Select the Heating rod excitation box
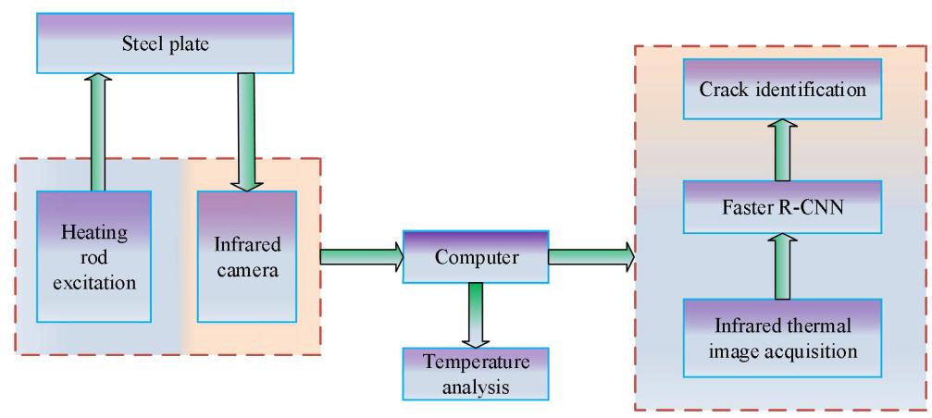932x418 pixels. [x=94, y=255]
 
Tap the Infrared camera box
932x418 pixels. [x=247, y=255]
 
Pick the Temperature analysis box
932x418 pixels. [x=475, y=374]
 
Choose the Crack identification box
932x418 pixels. [x=783, y=91]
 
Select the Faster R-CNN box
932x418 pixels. [x=783, y=208]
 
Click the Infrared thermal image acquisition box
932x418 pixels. [x=783, y=339]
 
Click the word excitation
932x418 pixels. [x=95, y=278]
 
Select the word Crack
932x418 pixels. [x=725, y=91]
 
